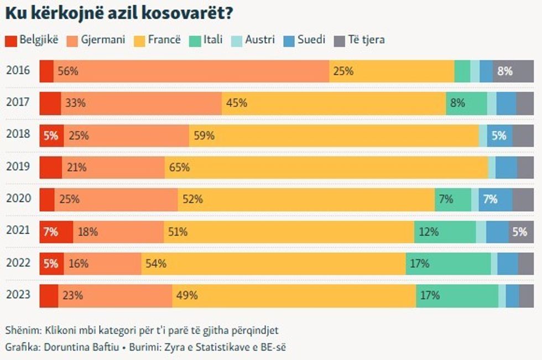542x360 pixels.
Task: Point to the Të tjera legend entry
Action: point(359,40)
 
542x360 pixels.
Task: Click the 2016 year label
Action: point(18,71)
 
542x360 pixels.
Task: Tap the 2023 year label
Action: point(18,295)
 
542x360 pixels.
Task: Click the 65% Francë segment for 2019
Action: point(326,168)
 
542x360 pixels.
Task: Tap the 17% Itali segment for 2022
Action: point(448,264)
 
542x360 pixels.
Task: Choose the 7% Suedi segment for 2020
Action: point(496,200)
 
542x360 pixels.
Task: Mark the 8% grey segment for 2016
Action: point(513,71)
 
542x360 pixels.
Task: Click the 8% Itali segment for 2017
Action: point(466,103)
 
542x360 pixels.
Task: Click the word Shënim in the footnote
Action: point(22,331)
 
